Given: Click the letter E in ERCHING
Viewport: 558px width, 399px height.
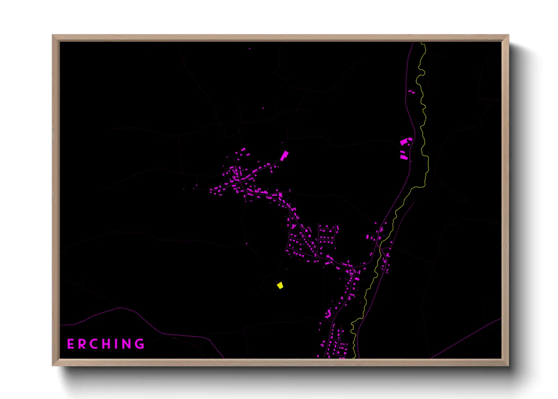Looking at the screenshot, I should pos(71,344).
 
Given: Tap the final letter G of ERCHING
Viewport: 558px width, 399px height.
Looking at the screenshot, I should pos(139,344).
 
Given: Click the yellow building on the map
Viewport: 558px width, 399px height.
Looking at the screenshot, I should pos(280,285).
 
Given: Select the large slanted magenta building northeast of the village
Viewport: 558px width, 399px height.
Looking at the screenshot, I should pos(284,155).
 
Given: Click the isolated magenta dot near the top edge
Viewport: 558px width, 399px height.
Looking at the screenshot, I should pos(250,49).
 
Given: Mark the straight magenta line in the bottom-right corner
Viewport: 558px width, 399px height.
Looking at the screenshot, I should pos(468,337).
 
